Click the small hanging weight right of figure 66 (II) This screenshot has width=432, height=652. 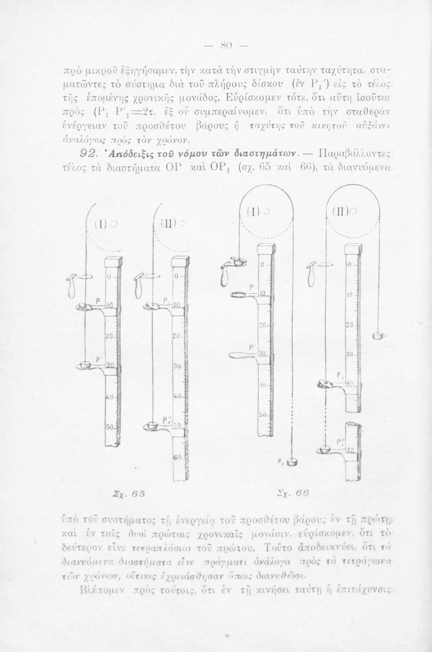click(x=379, y=335)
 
